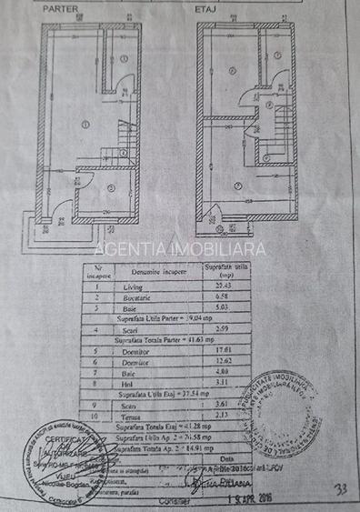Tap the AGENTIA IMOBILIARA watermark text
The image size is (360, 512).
point(180,248)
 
